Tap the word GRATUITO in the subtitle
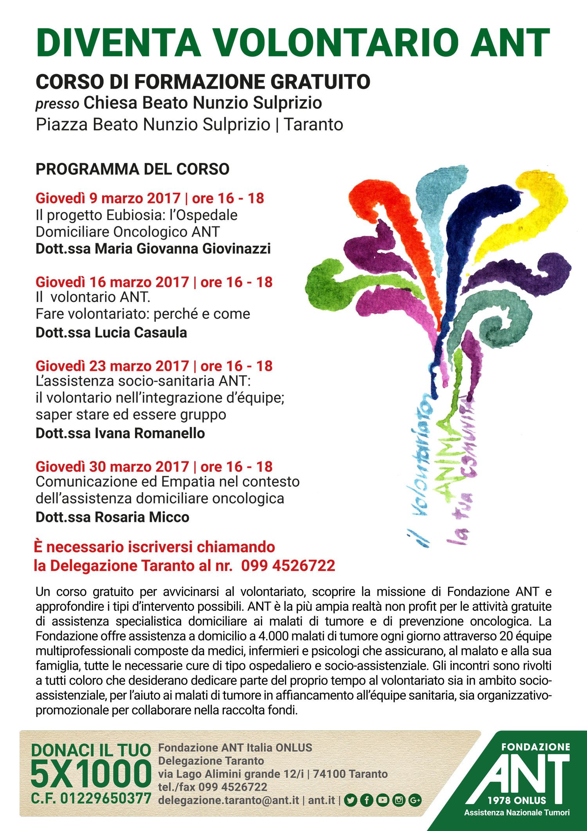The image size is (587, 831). point(320,82)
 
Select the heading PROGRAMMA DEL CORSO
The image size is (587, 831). point(132,169)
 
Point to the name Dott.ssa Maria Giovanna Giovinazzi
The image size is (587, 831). point(153,249)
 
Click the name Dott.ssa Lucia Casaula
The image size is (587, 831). point(111,332)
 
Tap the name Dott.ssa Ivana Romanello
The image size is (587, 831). point(120,433)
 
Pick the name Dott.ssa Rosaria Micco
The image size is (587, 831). point(112,517)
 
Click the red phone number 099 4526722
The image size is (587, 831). point(288,565)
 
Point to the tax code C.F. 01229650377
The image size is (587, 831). point(91,798)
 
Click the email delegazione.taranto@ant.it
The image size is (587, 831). point(229,800)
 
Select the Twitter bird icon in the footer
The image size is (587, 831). point(351,800)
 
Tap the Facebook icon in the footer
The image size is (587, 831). point(367,800)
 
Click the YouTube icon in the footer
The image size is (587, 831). point(383,800)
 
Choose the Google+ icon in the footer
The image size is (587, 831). point(415,800)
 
